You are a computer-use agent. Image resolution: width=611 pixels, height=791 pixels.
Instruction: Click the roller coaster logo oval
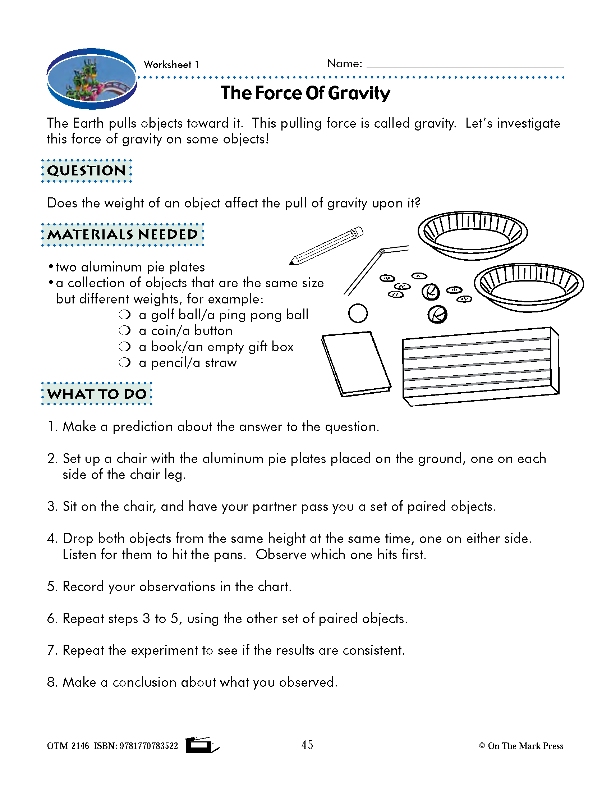[x=92, y=79]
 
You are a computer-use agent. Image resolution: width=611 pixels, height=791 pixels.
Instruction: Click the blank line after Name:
[x=465, y=65]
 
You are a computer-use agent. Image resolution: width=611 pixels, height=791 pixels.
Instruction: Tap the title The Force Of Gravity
[x=305, y=93]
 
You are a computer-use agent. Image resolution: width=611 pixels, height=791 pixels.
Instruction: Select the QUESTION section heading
[x=87, y=170]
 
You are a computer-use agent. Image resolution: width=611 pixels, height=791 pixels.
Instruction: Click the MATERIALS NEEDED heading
[x=123, y=235]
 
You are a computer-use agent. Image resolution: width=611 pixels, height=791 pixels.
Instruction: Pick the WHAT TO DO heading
[x=97, y=394]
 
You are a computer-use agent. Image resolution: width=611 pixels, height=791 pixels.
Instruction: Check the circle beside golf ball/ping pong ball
[x=124, y=314]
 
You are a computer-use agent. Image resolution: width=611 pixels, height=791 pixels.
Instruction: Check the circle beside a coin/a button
[x=124, y=330]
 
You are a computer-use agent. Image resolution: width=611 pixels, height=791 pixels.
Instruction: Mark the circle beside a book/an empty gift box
[x=124, y=347]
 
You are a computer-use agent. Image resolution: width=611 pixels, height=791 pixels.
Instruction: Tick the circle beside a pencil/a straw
[x=124, y=362]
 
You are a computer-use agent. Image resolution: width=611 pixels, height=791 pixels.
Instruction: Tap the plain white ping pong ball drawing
[x=358, y=313]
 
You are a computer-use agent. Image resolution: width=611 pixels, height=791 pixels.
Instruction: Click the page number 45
[x=307, y=745]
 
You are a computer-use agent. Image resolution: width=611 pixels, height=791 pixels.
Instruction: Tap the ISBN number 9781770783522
[x=149, y=746]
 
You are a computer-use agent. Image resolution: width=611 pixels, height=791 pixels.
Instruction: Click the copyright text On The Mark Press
[x=525, y=746]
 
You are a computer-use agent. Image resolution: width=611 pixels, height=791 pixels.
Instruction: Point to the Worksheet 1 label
[x=171, y=65]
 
